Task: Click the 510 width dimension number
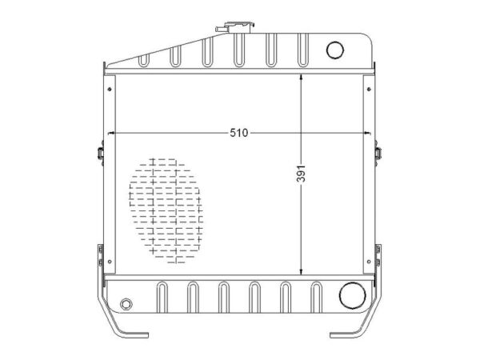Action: (x=238, y=133)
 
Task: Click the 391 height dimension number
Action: (x=302, y=174)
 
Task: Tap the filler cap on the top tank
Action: (x=235, y=27)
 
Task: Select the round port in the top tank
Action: (x=335, y=50)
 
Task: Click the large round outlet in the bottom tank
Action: (x=352, y=296)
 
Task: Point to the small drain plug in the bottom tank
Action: (x=126, y=304)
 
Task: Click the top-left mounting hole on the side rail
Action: (x=110, y=89)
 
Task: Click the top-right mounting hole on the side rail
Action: (x=369, y=89)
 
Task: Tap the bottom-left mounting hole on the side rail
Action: (x=110, y=262)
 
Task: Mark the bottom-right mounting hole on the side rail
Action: (x=369, y=262)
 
